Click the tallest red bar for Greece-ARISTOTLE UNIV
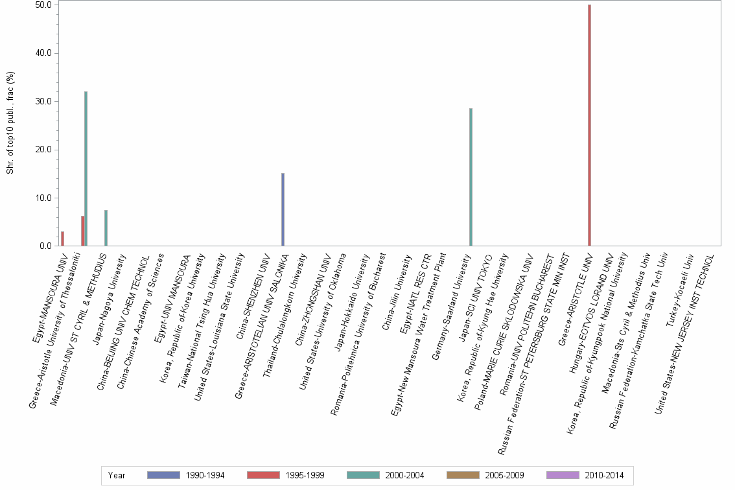coord(589,126)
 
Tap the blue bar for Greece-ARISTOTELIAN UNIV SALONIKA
coord(283,210)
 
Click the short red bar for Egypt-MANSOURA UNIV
coord(62,239)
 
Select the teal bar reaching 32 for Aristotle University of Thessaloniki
coord(86,169)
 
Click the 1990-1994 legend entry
coord(185,476)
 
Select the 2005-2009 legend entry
coord(485,476)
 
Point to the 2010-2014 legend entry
coord(585,476)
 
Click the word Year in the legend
coord(117,476)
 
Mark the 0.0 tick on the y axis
coord(45,246)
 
